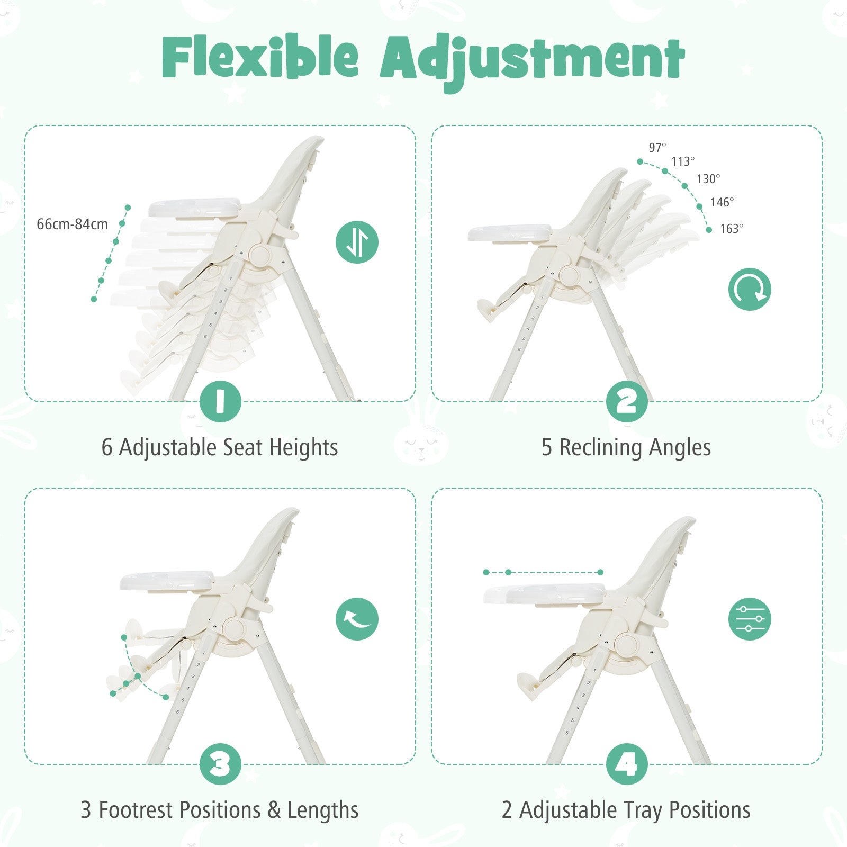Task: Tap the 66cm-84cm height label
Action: click(72, 224)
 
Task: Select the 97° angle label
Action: click(657, 148)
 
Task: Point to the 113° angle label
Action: click(683, 161)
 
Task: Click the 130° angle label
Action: click(708, 179)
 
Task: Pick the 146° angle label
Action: click(722, 202)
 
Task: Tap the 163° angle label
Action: click(732, 229)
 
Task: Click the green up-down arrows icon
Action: click(357, 242)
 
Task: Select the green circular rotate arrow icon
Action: click(750, 290)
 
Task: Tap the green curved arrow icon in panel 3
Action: click(357, 619)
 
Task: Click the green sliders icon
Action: click(750, 619)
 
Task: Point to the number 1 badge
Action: click(221, 401)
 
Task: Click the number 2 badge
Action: click(627, 401)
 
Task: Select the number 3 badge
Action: click(221, 764)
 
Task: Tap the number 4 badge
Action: click(627, 764)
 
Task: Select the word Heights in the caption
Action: click(303, 448)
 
